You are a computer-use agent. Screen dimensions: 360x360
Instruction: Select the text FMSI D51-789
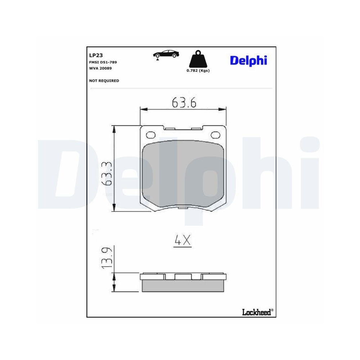click(103, 62)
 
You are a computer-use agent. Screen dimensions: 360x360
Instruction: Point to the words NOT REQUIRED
click(104, 81)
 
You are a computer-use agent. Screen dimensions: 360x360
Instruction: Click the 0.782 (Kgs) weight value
click(198, 71)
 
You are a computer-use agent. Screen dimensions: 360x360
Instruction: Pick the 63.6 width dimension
click(184, 103)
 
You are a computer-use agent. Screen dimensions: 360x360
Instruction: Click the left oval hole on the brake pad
click(150, 135)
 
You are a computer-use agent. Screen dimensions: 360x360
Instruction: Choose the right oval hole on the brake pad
click(216, 135)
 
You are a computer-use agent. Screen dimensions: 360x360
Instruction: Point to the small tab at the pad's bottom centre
click(183, 208)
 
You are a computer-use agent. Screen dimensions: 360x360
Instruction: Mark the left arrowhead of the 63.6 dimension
click(143, 109)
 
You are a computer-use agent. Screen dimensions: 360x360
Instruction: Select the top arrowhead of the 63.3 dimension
click(114, 128)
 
